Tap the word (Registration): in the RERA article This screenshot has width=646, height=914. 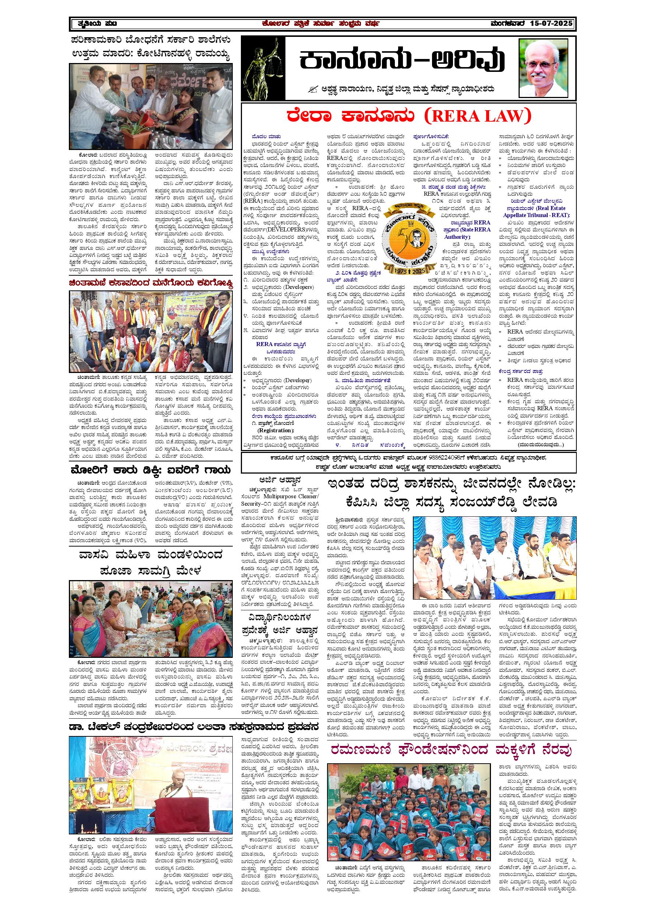pos(275,430)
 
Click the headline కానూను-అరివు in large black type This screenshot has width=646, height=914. pos(402,60)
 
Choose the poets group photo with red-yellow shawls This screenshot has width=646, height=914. pos(151,331)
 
